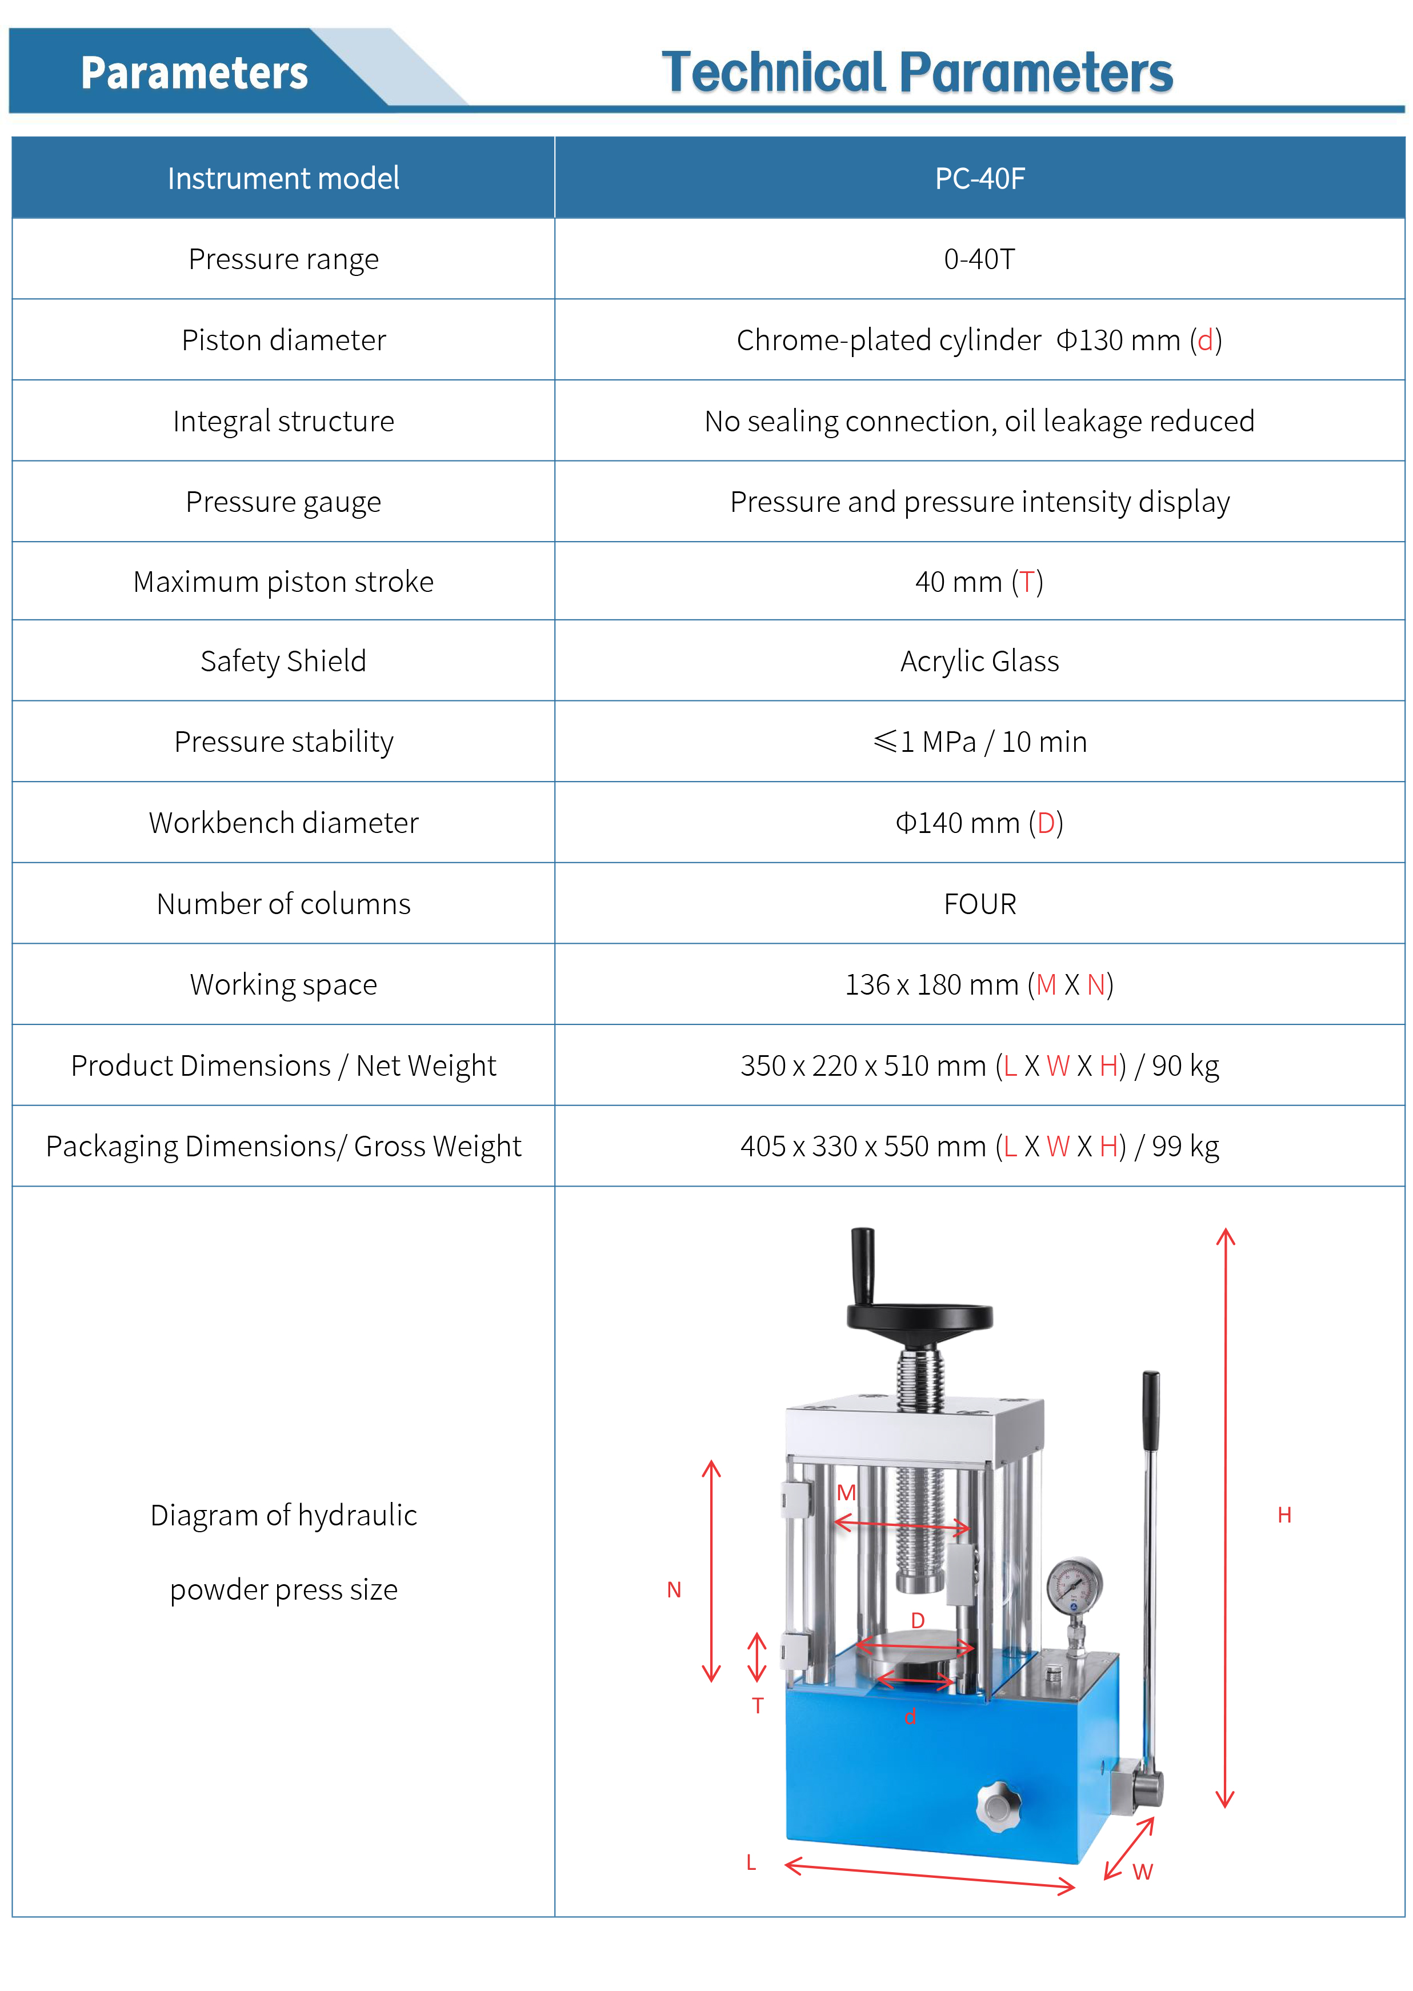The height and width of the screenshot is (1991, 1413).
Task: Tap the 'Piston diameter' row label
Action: (x=283, y=340)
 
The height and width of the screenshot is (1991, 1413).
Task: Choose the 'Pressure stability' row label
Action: (x=283, y=742)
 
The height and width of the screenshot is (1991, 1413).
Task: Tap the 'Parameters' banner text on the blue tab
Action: (x=194, y=73)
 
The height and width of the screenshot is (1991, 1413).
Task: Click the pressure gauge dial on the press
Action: (x=1074, y=1585)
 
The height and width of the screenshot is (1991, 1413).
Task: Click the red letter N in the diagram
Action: (x=674, y=1590)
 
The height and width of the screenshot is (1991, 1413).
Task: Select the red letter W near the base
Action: (x=1142, y=1872)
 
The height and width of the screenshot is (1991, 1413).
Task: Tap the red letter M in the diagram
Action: (x=846, y=1493)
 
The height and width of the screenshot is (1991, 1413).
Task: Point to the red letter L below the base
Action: (x=751, y=1863)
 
